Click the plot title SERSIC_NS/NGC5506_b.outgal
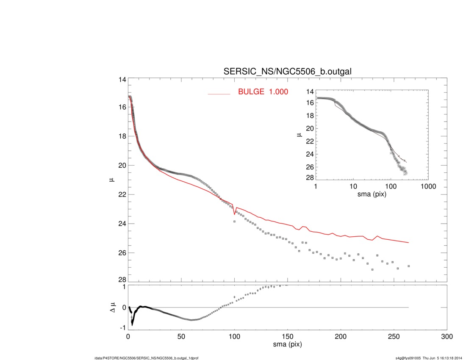click(288, 72)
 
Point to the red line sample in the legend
click(219, 94)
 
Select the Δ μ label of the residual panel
click(112, 307)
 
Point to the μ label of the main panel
click(112, 180)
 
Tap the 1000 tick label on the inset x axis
click(427, 186)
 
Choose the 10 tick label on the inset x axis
click(353, 186)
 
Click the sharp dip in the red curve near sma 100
click(234, 214)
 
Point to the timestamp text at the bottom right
click(428, 358)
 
